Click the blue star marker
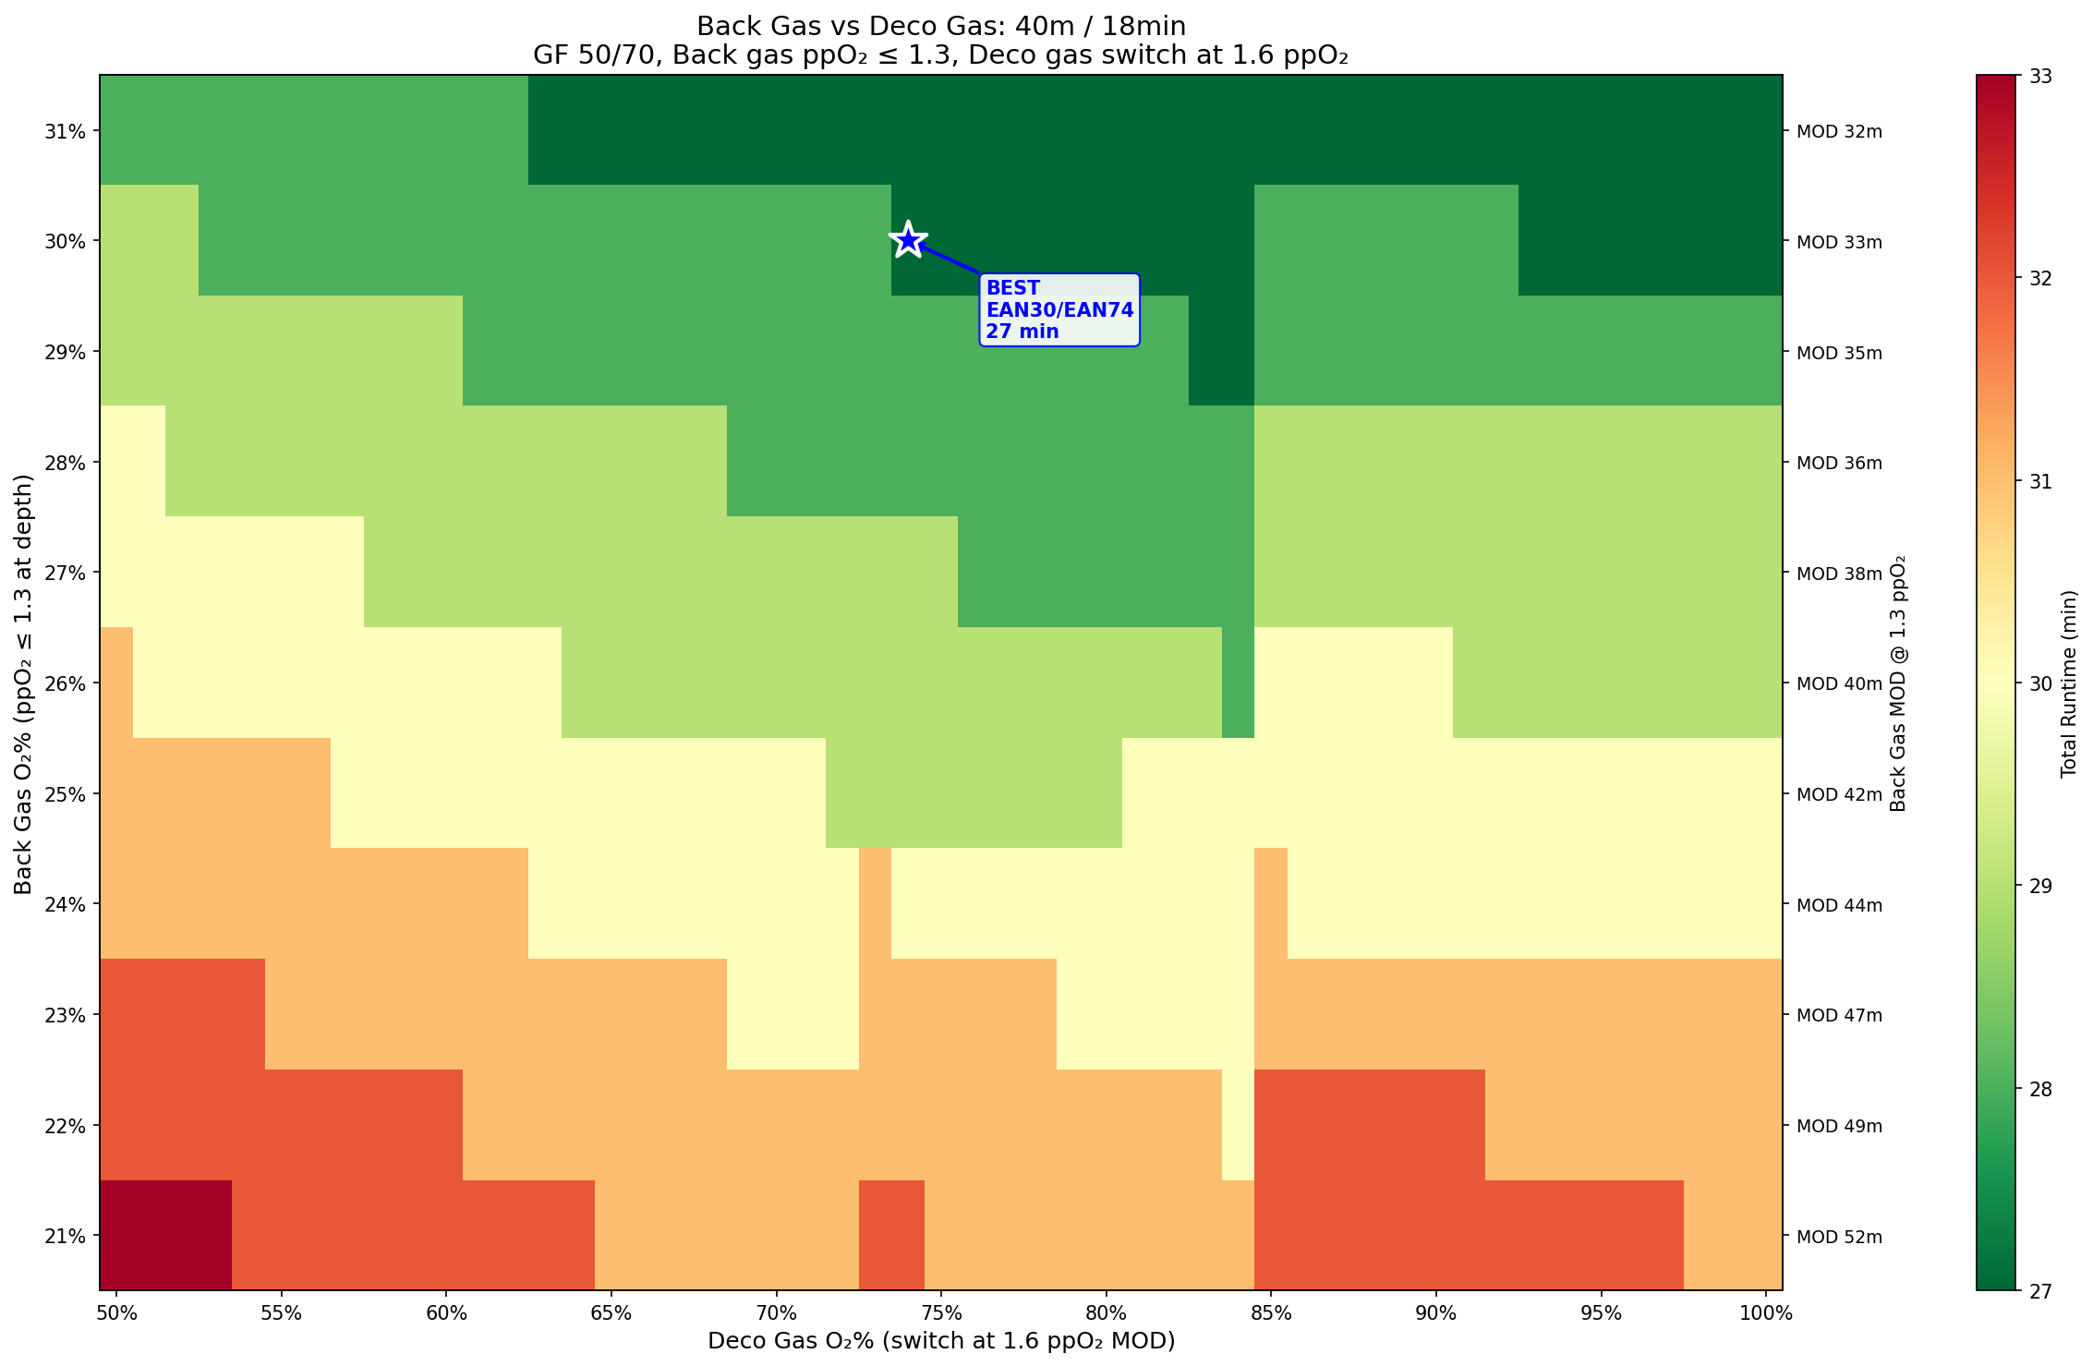[x=909, y=240]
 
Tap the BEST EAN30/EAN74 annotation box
[x=1059, y=310]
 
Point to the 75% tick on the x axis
[x=941, y=1313]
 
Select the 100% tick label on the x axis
[x=1766, y=1313]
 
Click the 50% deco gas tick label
[x=116, y=1313]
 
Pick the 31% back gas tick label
[x=67, y=131]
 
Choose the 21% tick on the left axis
[x=67, y=1236]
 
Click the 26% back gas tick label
[x=67, y=683]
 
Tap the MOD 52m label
[x=1838, y=1237]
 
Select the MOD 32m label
[x=1838, y=132]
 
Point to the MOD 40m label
[x=1838, y=684]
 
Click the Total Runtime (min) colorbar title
[x=2068, y=683]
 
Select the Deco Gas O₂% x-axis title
[x=941, y=1341]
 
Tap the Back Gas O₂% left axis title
[x=24, y=683]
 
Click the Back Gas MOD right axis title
[x=1898, y=683]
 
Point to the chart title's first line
[x=941, y=26]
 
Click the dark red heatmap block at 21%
[x=165, y=1235]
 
